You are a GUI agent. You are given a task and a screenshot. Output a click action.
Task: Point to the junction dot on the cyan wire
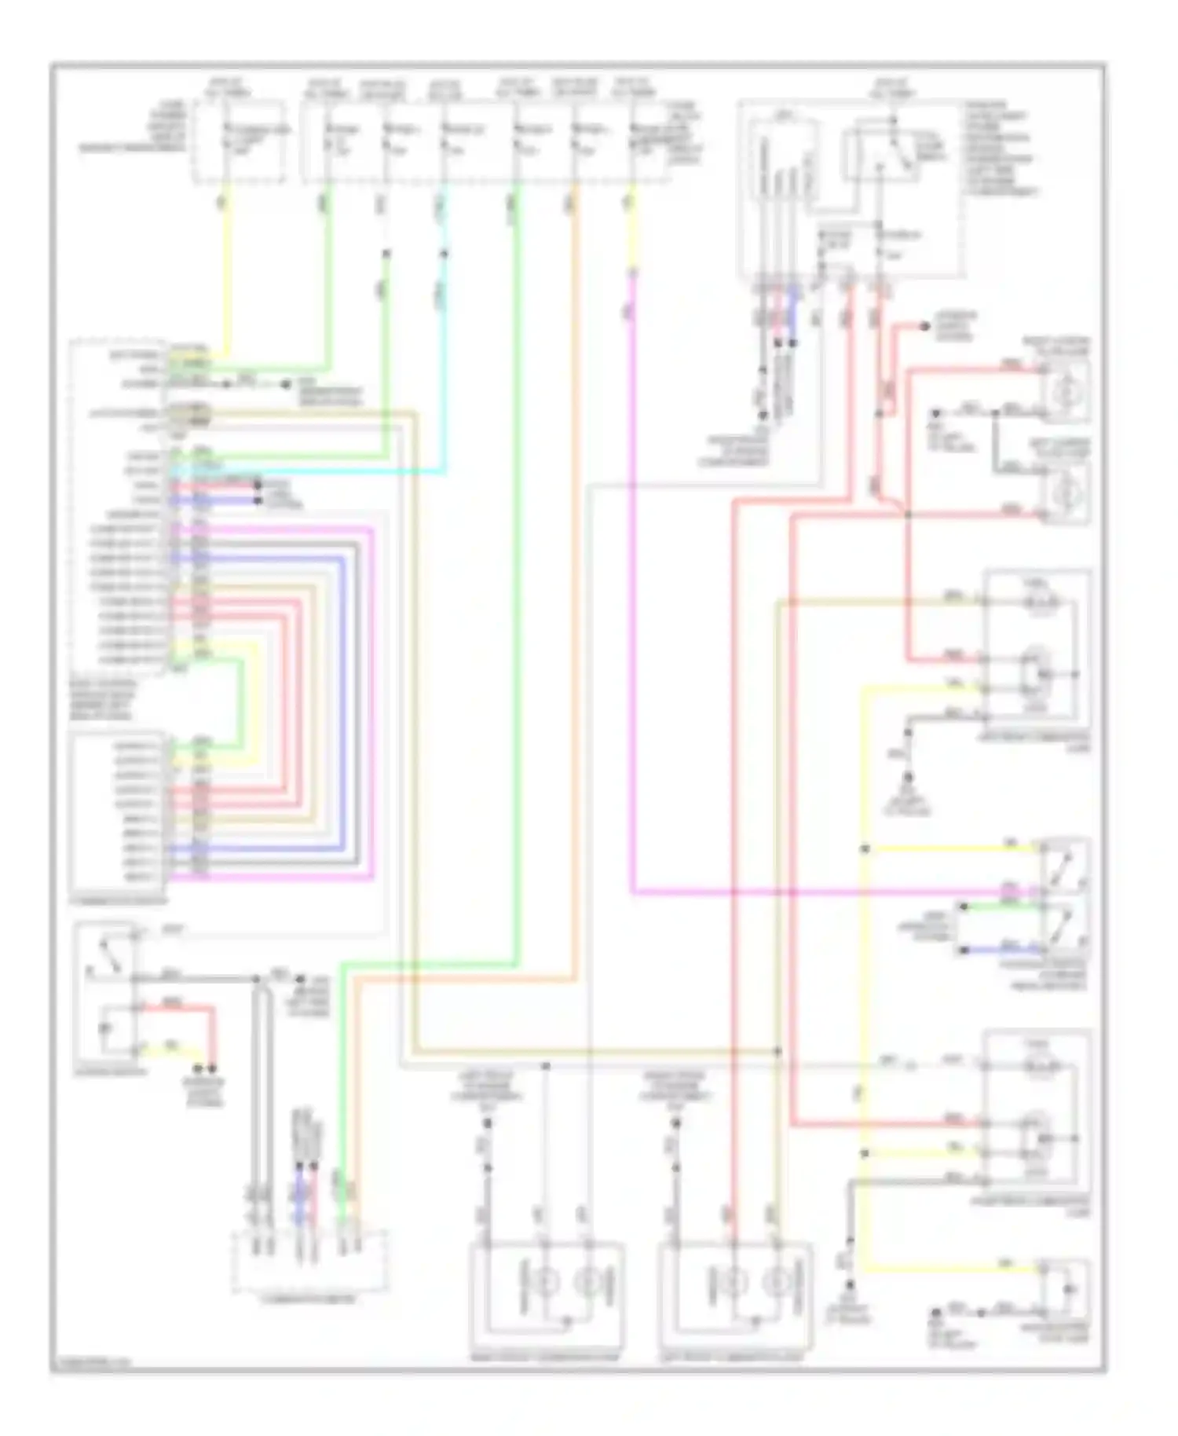(444, 254)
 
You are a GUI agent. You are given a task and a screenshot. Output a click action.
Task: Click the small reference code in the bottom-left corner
(90, 1364)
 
